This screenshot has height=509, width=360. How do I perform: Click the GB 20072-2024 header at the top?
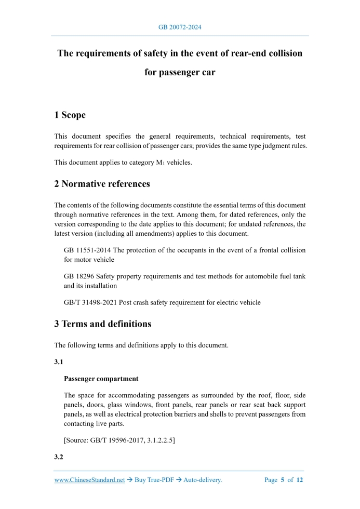click(x=180, y=26)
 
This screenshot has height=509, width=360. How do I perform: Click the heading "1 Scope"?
click(x=70, y=115)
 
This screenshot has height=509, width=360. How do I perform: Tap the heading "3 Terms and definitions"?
click(x=102, y=324)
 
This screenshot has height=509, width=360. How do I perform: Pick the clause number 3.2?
click(x=59, y=457)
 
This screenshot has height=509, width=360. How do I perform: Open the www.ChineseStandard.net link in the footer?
click(x=89, y=480)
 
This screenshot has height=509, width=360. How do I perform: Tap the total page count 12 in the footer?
click(x=299, y=480)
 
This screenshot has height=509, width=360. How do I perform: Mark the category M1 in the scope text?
click(x=159, y=163)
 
